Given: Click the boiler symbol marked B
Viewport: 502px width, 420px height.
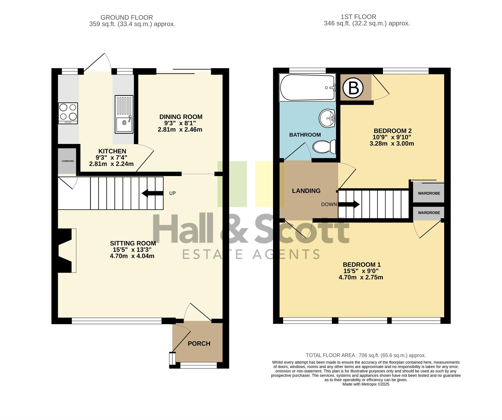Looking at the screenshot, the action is coord(353,88).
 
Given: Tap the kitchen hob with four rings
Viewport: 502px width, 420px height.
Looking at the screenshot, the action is coord(68,113).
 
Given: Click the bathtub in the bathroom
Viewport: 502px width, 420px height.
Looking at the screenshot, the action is coord(307,87).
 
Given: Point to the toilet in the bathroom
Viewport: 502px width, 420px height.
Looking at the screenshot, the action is coord(324,147).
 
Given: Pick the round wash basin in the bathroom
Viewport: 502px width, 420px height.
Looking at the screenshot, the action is coord(327,118).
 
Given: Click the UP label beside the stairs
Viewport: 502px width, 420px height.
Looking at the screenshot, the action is coord(172,193).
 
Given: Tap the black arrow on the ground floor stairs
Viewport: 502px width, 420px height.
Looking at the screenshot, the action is coord(153,193).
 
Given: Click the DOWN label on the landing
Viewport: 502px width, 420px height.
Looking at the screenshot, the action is coord(329,204).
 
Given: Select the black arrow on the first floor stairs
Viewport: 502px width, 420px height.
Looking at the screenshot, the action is coord(349,204).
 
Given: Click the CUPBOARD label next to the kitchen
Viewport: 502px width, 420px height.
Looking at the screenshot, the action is coord(68,161).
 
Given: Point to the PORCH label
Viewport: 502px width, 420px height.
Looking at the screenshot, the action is coord(199,344).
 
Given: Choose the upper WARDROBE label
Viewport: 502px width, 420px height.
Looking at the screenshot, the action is coord(429,193).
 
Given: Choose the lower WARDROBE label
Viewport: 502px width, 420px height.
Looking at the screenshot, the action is coord(429,213).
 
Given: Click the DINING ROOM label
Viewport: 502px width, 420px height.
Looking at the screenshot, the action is coord(181,117).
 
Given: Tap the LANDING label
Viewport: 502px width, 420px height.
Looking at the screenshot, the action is coord(306,191).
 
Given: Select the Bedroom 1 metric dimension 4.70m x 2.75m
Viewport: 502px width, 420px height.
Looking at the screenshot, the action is coord(361,277).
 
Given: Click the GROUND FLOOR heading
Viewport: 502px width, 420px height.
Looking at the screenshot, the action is coord(127,18).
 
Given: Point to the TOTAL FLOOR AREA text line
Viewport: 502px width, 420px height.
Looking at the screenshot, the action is coord(366,355).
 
